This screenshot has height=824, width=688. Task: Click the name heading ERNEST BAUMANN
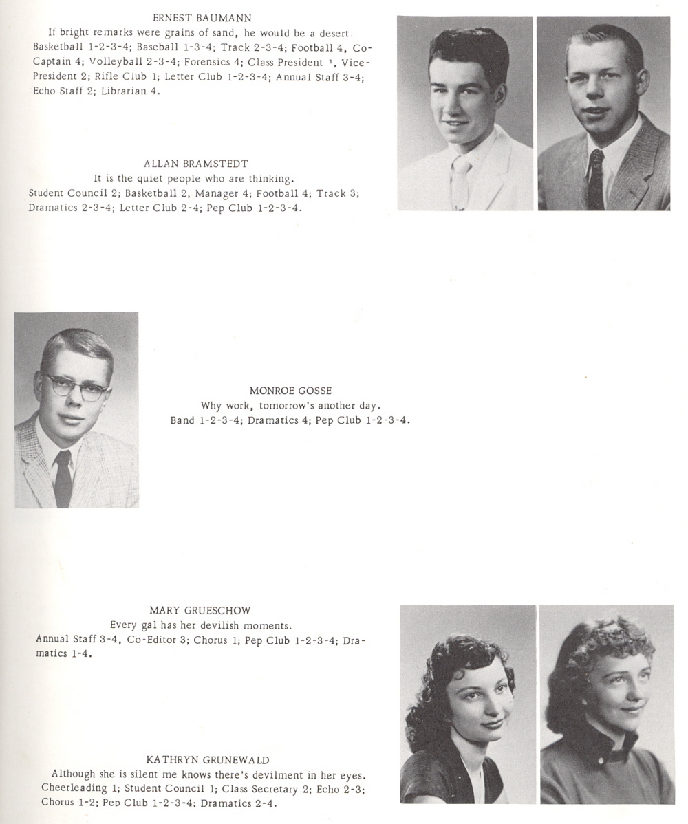(202, 18)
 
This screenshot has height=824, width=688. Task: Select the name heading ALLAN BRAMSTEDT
(196, 164)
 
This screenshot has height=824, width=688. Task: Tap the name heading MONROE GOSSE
(290, 391)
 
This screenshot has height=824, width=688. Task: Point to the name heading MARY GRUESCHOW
(200, 610)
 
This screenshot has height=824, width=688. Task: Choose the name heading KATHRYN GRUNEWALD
(208, 760)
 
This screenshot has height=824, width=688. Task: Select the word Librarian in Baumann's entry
(124, 91)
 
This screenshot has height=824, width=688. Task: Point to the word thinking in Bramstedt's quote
(272, 179)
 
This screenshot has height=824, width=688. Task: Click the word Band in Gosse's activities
(182, 420)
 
